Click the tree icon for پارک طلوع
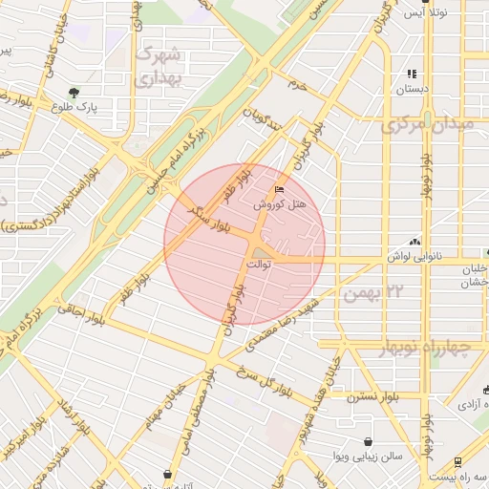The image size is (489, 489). point(74,93)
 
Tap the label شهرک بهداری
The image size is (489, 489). point(165,68)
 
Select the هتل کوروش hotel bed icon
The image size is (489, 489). point(279,189)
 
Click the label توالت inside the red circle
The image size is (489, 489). point(260,262)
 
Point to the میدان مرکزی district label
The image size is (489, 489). point(434,125)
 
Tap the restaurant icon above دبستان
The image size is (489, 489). point(412,74)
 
